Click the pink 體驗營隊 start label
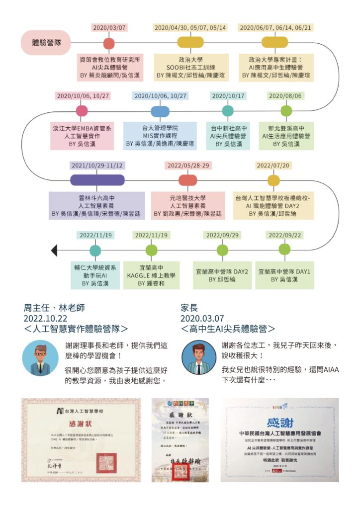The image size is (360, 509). (46, 42)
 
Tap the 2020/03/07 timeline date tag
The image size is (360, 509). (109, 28)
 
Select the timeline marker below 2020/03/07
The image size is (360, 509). (109, 43)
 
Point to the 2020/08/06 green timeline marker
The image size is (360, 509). (286, 111)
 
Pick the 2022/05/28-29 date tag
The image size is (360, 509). (187, 166)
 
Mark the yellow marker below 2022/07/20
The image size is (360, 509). (273, 180)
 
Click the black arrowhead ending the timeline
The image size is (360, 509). (54, 250)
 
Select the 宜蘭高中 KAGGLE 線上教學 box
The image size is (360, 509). (152, 275)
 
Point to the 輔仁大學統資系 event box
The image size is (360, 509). (95, 275)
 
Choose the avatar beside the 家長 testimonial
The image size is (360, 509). (198, 358)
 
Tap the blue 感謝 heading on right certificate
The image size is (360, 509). (280, 423)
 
